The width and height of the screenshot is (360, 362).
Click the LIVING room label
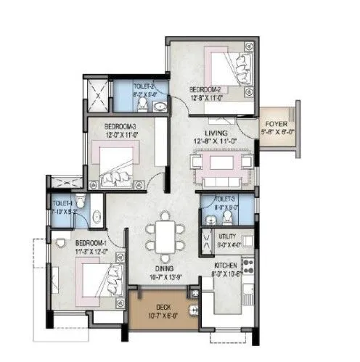pos(216,133)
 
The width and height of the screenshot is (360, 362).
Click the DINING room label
pos(163,268)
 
